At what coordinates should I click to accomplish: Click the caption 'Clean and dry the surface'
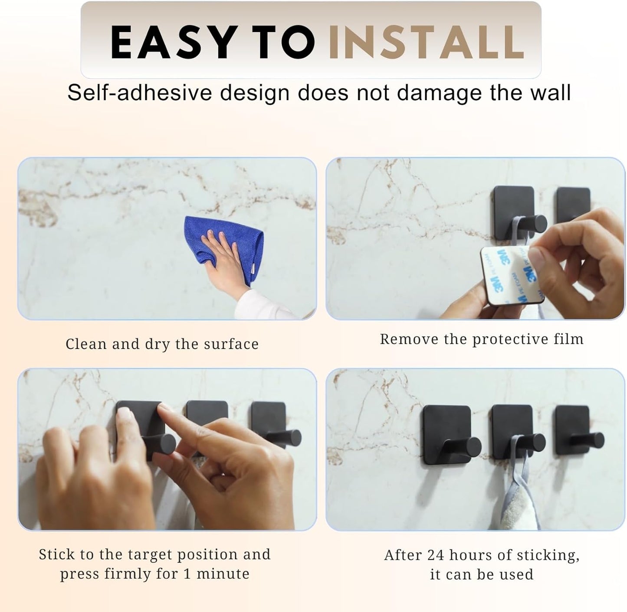(162, 344)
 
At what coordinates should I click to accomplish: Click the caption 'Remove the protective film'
(482, 339)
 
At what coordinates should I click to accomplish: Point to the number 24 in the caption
(436, 555)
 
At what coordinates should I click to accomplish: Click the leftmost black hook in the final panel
(447, 436)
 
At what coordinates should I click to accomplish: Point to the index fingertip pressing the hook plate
(164, 410)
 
